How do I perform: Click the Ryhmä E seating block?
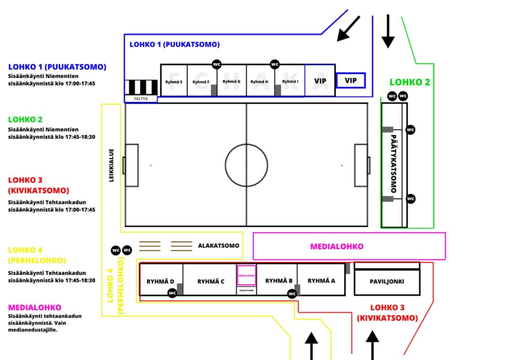pyautogui.click(x=174, y=81)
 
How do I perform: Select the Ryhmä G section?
pyautogui.click(x=232, y=81)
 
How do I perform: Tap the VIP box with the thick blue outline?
pyautogui.click(x=350, y=80)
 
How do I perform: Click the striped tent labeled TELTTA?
pyautogui.click(x=141, y=88)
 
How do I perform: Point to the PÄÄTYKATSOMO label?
pyautogui.click(x=394, y=164)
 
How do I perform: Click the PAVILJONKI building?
pyautogui.click(x=387, y=281)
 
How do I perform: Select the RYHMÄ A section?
pyautogui.click(x=321, y=280)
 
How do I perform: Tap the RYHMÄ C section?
pyautogui.click(x=210, y=281)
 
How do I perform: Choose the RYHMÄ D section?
pyautogui.click(x=160, y=281)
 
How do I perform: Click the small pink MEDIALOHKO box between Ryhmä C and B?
pyautogui.click(x=247, y=275)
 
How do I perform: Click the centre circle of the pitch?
pyautogui.click(x=247, y=165)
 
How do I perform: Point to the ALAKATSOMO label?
pyautogui.click(x=218, y=246)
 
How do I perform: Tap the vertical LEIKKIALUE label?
pyautogui.click(x=112, y=165)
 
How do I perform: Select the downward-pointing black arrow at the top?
pyautogui.click(x=388, y=31)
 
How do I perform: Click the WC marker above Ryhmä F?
pyautogui.click(x=217, y=64)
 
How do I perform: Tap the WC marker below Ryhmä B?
pyautogui.click(x=292, y=293)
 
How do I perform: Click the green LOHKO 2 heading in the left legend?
pyautogui.click(x=25, y=119)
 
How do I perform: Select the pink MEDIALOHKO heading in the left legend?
pyautogui.click(x=34, y=307)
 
